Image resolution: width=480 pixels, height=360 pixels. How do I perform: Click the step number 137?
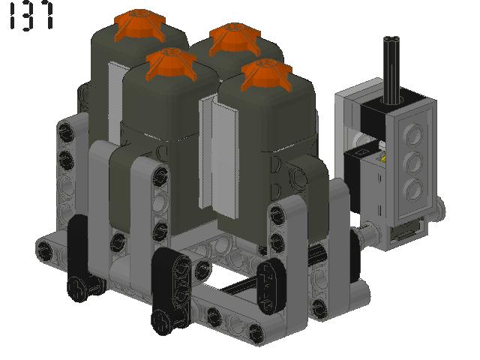pyautogui.click(x=31, y=16)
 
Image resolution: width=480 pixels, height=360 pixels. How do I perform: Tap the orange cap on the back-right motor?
pyautogui.click(x=235, y=39)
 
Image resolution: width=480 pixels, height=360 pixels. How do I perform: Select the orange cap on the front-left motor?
pyautogui.click(x=171, y=64)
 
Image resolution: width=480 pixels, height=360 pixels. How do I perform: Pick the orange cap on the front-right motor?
pyautogui.click(x=267, y=75)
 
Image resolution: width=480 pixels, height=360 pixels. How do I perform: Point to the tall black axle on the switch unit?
pyautogui.click(x=391, y=70)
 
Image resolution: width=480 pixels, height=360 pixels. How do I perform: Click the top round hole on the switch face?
pyautogui.click(x=413, y=133)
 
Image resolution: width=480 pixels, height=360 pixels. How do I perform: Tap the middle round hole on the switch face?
pyautogui.click(x=413, y=162)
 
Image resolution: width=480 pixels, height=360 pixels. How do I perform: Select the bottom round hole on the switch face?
pyautogui.click(x=413, y=188)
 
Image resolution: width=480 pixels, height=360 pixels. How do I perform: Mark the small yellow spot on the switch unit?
pyautogui.click(x=383, y=158)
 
